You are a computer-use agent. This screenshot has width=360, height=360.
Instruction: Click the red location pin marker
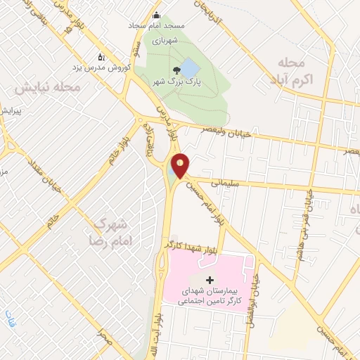181,165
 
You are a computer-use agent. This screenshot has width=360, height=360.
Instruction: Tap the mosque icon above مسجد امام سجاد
156,15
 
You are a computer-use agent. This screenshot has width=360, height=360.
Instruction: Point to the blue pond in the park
189,68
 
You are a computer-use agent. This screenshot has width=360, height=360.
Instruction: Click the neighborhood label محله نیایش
49,88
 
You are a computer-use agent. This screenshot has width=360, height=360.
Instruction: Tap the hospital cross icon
210,280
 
